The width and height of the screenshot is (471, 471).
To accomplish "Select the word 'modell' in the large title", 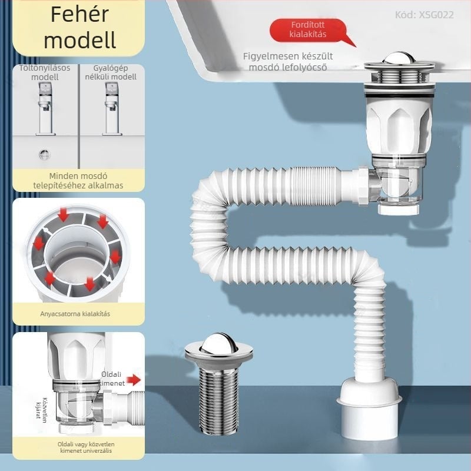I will point(79,40).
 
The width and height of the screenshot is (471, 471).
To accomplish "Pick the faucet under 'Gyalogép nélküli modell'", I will point(112,109).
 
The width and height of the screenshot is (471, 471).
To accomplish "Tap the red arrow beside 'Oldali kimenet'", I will point(135,380).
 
